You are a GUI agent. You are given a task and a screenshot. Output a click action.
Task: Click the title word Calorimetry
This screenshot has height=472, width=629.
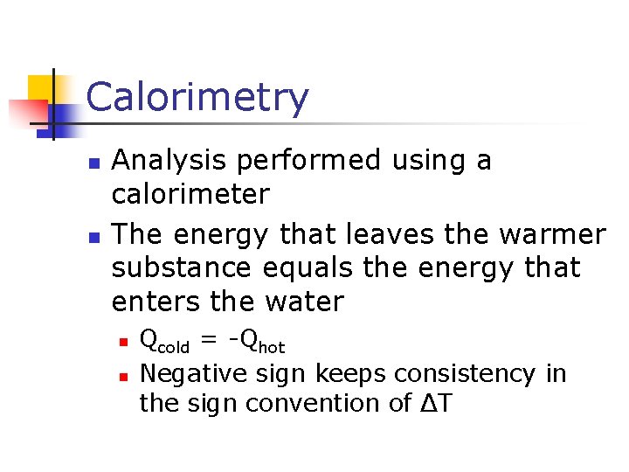(x=197, y=98)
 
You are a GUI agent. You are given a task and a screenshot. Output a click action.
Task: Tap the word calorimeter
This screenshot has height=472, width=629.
(x=190, y=194)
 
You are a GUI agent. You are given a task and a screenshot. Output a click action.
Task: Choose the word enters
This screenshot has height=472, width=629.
(x=157, y=302)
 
